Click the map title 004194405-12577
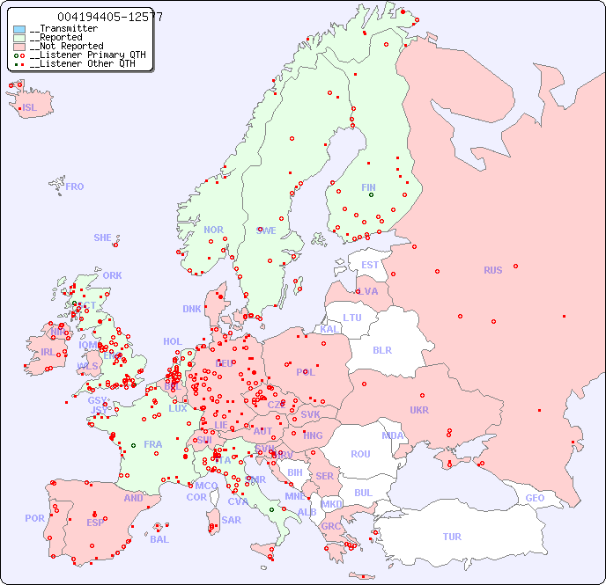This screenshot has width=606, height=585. (109, 17)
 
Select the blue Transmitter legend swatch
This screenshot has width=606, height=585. (19, 29)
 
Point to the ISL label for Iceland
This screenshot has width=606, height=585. (30, 108)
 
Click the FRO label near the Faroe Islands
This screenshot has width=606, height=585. (75, 186)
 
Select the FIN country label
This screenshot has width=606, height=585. (368, 187)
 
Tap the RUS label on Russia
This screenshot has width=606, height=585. (492, 270)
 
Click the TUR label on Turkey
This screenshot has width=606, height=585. (452, 537)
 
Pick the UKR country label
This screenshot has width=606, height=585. (419, 410)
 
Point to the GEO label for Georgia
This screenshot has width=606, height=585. (535, 498)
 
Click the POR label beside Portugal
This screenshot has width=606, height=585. (34, 518)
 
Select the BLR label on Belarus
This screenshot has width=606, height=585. (381, 349)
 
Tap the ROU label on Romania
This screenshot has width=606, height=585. (360, 454)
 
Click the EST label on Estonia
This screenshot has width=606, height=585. (370, 265)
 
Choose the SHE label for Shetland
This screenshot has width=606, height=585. (103, 238)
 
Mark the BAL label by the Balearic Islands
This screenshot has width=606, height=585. (159, 539)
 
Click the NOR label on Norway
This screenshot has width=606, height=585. (213, 230)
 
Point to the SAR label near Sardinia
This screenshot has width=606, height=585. (231, 520)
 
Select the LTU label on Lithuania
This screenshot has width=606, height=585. (352, 318)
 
